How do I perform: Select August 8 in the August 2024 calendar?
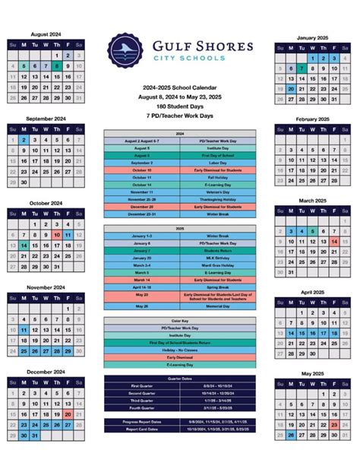pos(57,66)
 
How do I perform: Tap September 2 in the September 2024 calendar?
pos(24,140)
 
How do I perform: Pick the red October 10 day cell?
pos(57,236)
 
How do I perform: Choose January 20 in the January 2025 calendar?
pos(291,89)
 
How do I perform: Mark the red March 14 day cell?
pos(334,241)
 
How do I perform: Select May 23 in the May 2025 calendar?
pos(334,425)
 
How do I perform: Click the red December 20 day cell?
pos(68,414)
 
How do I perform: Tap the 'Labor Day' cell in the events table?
pos(218,163)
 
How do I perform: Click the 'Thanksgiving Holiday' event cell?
pos(218,199)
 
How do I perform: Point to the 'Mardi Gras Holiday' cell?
pos(218,265)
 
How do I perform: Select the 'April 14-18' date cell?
pos(142,287)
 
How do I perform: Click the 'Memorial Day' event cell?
pos(218,306)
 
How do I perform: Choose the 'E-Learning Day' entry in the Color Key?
pos(180,365)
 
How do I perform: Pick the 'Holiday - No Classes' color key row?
pos(180,350)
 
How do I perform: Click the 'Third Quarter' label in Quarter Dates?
pos(142,399)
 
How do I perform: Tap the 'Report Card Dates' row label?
pos(142,430)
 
